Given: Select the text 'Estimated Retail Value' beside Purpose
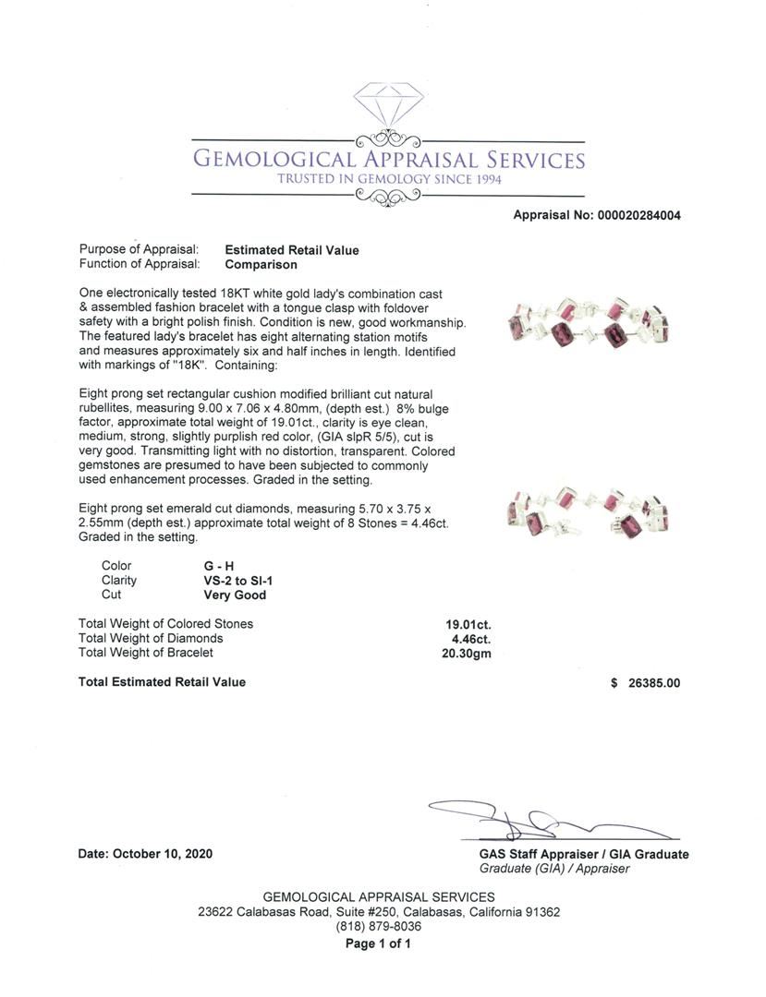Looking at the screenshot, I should pos(292,250).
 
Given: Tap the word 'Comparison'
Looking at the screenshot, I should pos(261,265).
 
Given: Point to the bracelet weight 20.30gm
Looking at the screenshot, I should pos(467,654).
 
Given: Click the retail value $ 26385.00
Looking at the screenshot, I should pos(645,683).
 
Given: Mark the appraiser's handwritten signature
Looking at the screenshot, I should pos(545,819).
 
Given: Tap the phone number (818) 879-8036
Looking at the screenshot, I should pos(379,927).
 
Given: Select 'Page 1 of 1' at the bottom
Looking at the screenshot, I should pos(378,943).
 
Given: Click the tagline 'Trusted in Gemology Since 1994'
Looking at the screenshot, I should pos(389,179).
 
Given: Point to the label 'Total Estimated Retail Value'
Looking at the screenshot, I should pos(163,682).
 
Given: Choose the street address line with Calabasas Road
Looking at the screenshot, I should pos(379,912).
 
